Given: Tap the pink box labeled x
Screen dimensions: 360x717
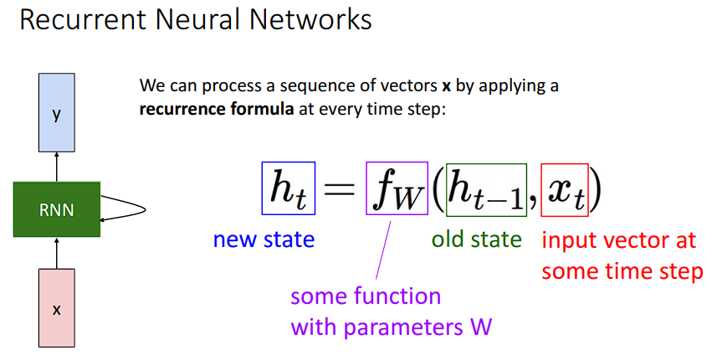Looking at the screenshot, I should tap(57, 308).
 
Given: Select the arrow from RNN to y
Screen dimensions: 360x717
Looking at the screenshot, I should tap(57, 167).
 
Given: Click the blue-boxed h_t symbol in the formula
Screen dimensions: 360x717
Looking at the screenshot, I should tap(287, 190).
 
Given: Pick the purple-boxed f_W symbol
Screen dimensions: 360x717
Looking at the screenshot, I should tap(397, 190).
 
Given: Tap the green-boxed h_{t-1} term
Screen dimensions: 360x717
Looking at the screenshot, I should tap(485, 190).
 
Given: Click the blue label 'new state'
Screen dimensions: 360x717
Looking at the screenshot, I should tap(264, 240).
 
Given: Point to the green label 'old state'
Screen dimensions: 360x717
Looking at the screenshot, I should tap(476, 240).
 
